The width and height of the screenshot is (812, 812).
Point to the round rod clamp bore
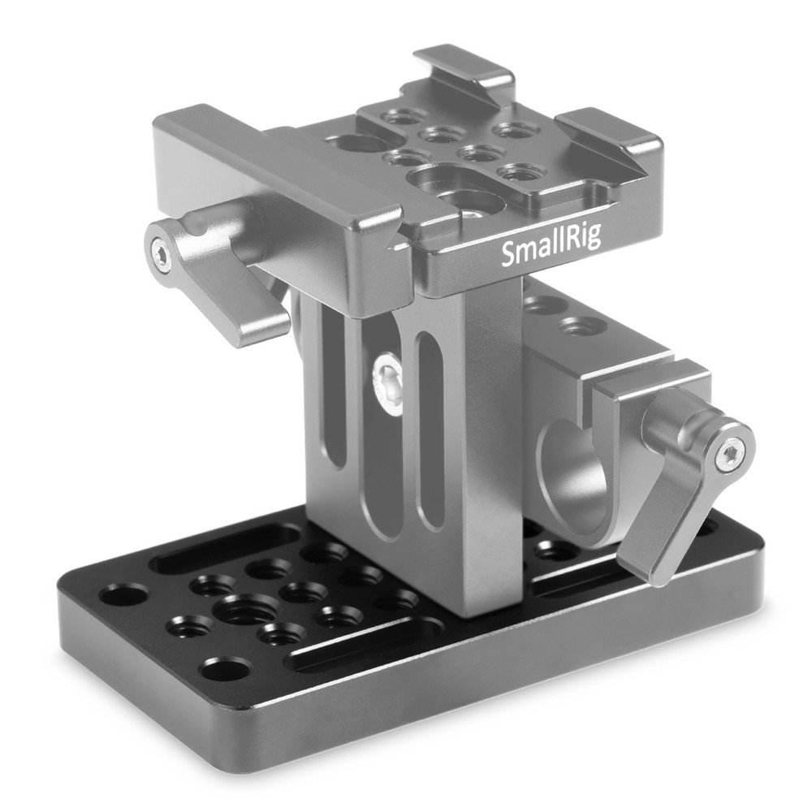click(574, 480)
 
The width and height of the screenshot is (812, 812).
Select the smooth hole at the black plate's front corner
click(226, 670)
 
